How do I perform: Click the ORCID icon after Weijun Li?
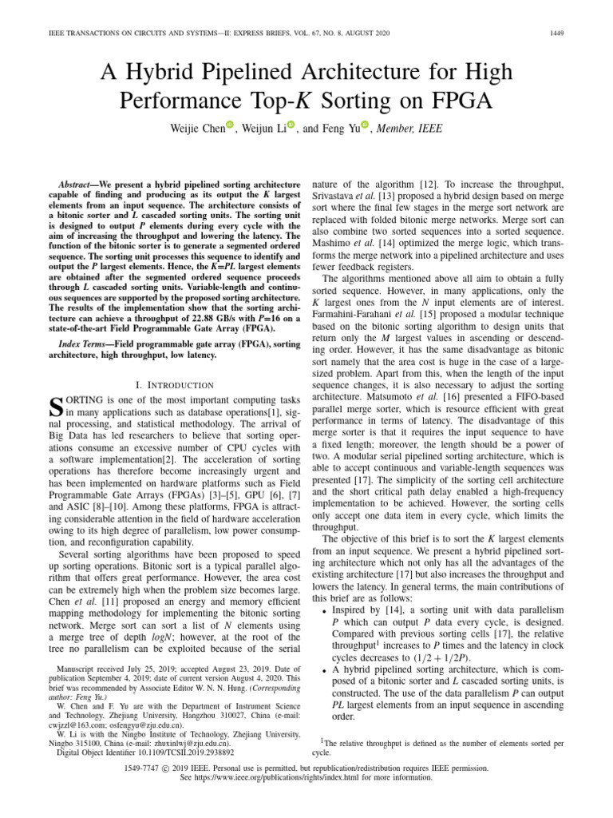291,125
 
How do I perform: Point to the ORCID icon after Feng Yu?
366,125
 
